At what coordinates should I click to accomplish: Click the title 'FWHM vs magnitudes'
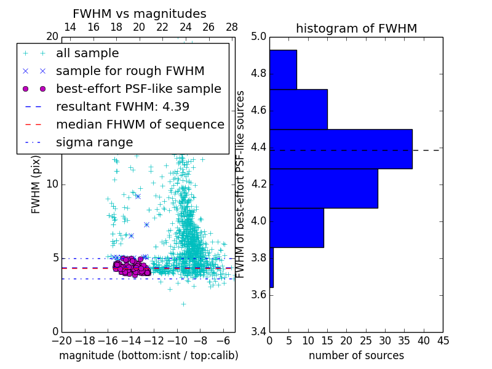(x=139, y=14)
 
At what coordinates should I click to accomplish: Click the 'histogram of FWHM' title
(x=356, y=28)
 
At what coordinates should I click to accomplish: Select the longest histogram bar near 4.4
(x=340, y=148)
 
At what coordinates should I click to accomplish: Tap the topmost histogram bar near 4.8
(x=283, y=69)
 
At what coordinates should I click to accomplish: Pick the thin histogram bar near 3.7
(x=271, y=267)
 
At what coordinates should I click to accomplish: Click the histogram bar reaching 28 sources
(x=323, y=188)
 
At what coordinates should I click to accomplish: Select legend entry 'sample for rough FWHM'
(x=130, y=71)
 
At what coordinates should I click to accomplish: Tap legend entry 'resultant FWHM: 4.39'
(x=122, y=106)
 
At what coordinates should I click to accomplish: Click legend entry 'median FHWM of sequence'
(x=140, y=124)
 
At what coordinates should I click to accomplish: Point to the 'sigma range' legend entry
(x=94, y=142)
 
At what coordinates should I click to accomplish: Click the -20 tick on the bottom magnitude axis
(x=61, y=341)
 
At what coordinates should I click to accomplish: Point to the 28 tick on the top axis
(x=232, y=27)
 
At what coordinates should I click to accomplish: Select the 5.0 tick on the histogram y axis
(x=258, y=37)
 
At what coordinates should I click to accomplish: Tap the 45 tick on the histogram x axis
(x=442, y=341)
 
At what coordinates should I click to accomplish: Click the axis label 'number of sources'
(x=356, y=355)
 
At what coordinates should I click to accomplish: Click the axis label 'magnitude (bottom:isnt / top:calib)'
(x=148, y=355)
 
